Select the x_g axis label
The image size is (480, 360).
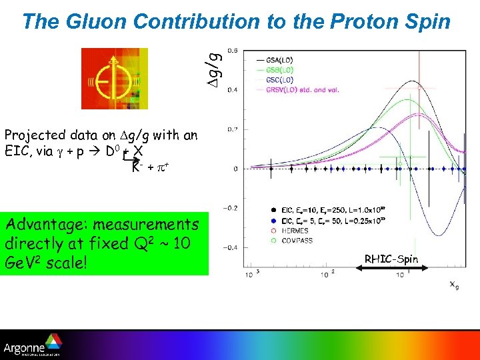[454, 285]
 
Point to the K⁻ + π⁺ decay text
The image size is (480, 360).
[149, 166]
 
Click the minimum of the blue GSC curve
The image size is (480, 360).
[437, 234]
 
